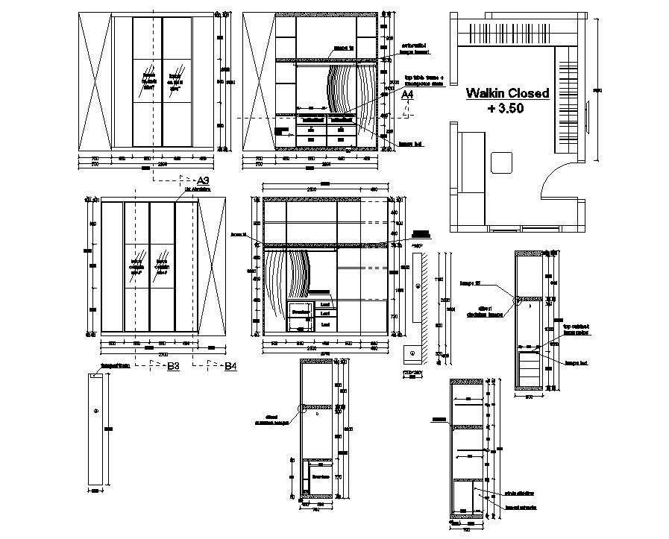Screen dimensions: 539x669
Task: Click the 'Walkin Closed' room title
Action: click(x=507, y=93)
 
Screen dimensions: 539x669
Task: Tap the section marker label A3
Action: click(x=202, y=180)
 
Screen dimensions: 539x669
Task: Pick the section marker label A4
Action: click(x=407, y=95)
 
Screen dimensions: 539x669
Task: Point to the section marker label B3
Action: click(x=173, y=366)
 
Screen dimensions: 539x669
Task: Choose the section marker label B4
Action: click(x=230, y=366)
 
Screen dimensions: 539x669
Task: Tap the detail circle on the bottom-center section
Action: click(x=303, y=408)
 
